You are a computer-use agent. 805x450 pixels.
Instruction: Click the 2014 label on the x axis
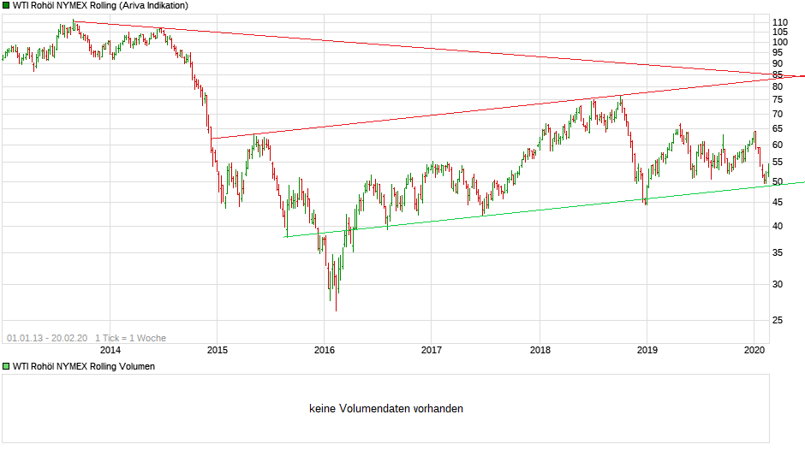pos(110,349)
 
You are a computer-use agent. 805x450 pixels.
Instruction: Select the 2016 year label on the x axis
pos(324,349)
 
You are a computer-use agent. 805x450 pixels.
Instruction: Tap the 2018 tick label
pos(540,349)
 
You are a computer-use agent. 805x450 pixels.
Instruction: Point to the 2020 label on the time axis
pos(754,349)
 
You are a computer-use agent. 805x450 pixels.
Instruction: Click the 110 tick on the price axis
pos(779,22)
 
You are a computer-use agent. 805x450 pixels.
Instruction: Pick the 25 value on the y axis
pos(777,320)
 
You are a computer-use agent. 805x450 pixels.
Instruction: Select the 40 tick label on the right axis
pos(777,226)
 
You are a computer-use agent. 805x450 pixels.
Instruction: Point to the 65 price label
pos(777,128)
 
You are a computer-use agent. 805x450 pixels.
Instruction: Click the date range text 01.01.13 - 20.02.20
pos(47,338)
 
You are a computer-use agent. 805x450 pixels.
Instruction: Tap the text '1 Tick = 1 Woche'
pos(131,338)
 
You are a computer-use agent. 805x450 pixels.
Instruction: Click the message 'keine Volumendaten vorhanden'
pos(386,409)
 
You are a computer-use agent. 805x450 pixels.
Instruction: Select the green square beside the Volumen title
pos(6,366)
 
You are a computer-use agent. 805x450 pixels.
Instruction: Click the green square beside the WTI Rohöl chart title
pos(6,5)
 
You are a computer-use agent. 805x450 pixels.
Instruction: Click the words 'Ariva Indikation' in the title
pos(155,5)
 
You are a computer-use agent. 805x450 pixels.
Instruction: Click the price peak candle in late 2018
pos(620,97)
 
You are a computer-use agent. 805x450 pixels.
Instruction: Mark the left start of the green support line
pos(285,236)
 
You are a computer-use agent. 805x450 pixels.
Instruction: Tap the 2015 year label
pos(217,349)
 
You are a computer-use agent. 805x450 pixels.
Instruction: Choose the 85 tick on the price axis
pos(777,74)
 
